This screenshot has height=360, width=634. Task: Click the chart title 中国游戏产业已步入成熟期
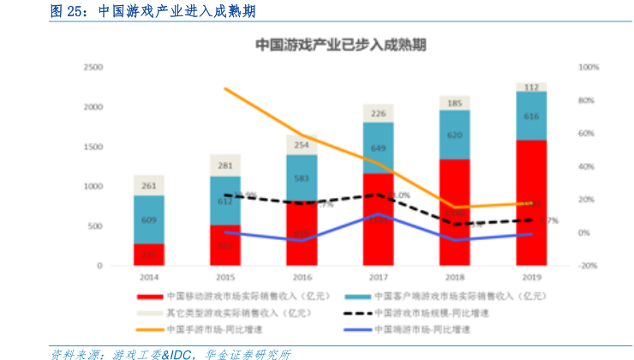(342, 45)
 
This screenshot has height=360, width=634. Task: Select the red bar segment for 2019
(531, 202)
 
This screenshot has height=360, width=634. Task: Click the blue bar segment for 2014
(149, 219)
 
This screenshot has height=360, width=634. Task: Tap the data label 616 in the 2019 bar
(531, 116)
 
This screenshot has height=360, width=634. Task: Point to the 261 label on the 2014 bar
(149, 185)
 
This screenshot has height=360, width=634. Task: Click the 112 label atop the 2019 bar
(531, 87)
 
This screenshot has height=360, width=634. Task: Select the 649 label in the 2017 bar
(379, 148)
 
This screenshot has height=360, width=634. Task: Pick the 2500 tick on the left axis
(93, 67)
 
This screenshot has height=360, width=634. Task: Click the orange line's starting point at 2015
(225, 88)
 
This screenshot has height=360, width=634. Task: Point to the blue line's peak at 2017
(379, 215)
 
